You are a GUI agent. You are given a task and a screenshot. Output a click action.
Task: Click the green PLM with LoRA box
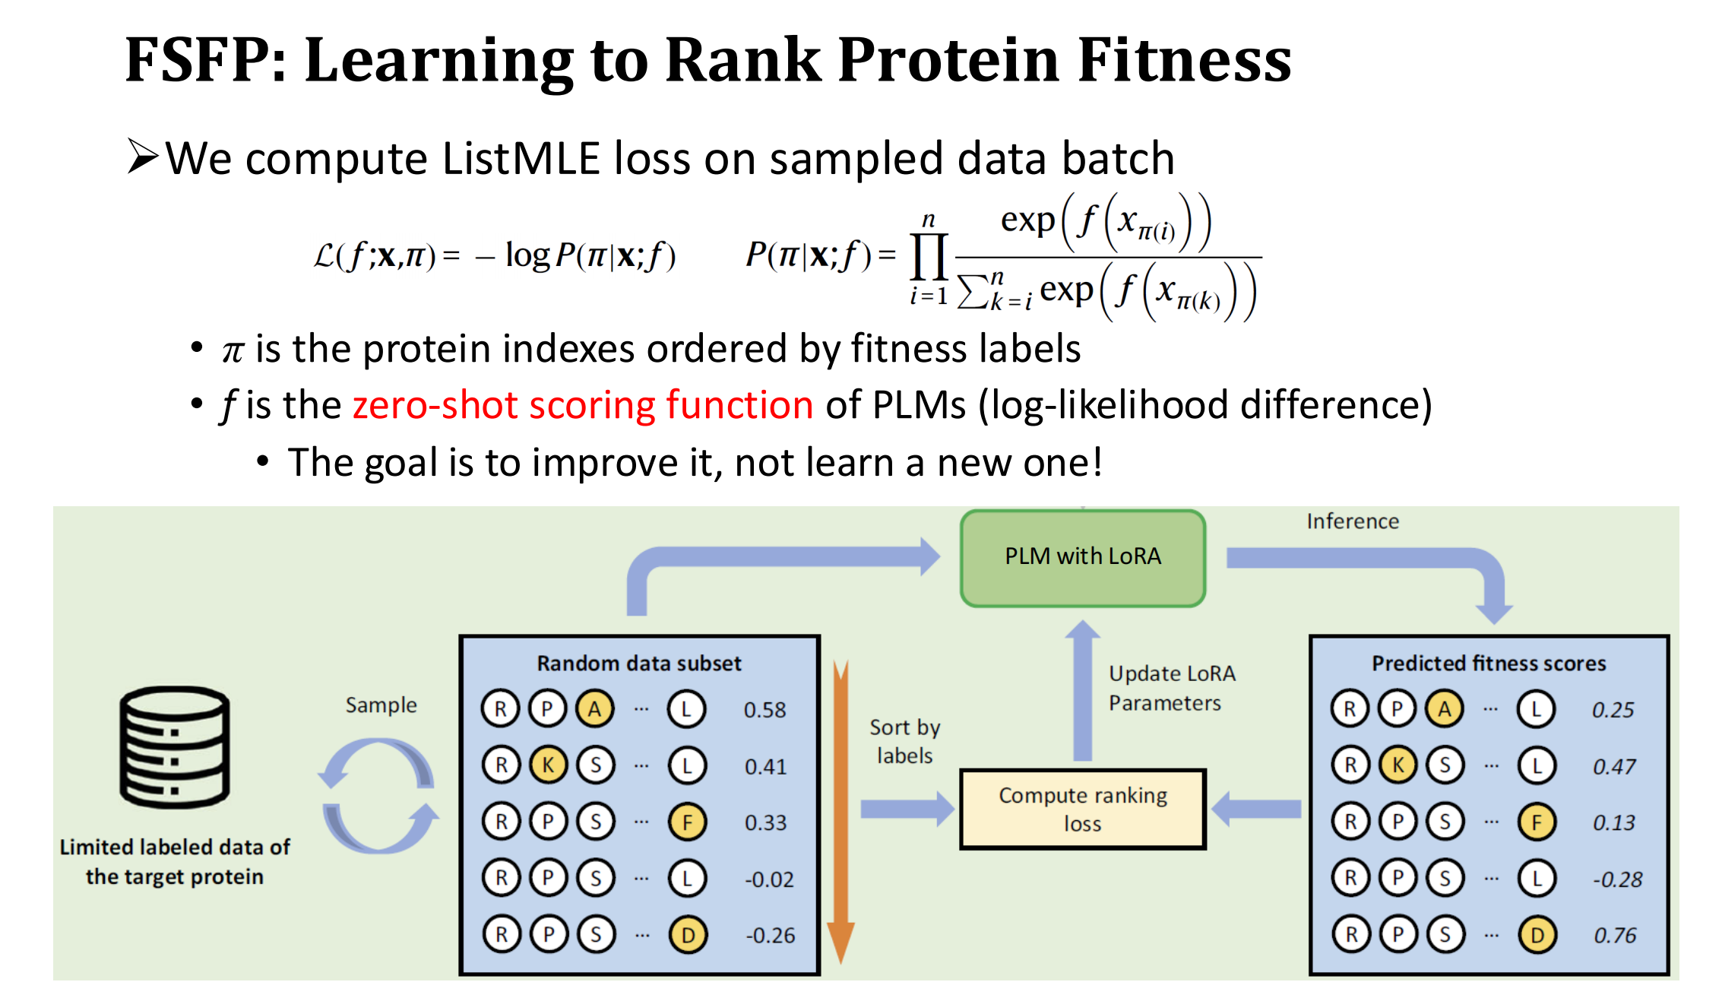1083,558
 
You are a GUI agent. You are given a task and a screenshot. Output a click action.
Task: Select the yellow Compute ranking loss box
1083,809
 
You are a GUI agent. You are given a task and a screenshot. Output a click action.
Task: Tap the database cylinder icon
175,746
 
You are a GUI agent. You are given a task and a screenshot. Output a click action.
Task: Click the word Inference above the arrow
1353,521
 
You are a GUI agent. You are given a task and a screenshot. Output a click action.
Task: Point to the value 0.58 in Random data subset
764,710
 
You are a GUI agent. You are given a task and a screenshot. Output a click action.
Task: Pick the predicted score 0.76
1615,935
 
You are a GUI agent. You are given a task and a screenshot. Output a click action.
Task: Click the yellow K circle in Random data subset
548,765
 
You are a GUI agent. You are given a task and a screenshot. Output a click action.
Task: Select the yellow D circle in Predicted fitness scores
1537,935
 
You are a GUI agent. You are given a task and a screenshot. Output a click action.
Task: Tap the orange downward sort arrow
840,812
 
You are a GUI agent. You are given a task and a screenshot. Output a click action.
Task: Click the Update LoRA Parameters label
1172,688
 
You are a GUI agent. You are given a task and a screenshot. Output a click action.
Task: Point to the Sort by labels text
904,741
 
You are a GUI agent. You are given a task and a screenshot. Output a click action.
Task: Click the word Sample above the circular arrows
381,705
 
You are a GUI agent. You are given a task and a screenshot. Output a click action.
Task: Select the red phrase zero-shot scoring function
583,405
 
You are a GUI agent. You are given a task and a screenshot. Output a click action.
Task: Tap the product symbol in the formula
929,257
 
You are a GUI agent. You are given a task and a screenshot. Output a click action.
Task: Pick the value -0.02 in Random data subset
769,879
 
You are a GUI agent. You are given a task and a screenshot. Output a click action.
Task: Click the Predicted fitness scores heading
1489,664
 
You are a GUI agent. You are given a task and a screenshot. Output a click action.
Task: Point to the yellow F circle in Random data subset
688,822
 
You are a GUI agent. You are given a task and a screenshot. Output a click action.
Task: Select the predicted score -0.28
1618,879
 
